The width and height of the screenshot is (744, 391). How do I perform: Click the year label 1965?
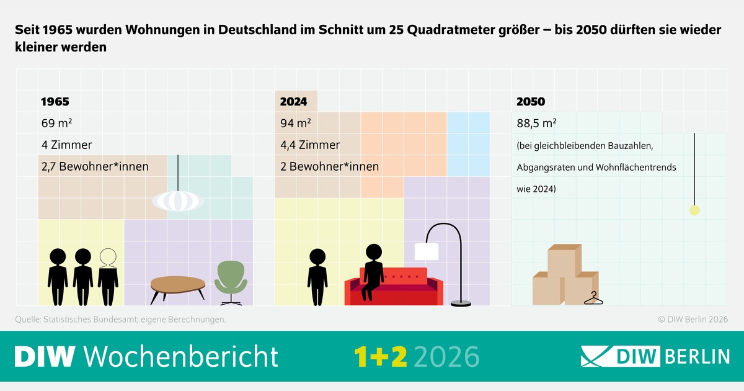55,102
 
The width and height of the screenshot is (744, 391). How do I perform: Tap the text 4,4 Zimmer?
310,145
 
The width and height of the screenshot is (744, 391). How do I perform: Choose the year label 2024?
294,102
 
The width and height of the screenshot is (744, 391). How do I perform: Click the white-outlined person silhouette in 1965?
108,276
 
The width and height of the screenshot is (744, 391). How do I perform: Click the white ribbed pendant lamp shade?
177,200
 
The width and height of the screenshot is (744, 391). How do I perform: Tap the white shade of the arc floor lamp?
427,251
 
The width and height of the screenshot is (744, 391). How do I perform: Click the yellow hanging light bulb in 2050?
694,210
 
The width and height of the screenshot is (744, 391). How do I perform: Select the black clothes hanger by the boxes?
593,299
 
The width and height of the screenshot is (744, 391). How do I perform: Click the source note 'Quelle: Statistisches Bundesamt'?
120,320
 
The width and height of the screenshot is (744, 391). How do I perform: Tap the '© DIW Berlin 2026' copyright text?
692,320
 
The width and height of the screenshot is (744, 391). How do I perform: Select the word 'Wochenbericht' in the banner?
180,356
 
